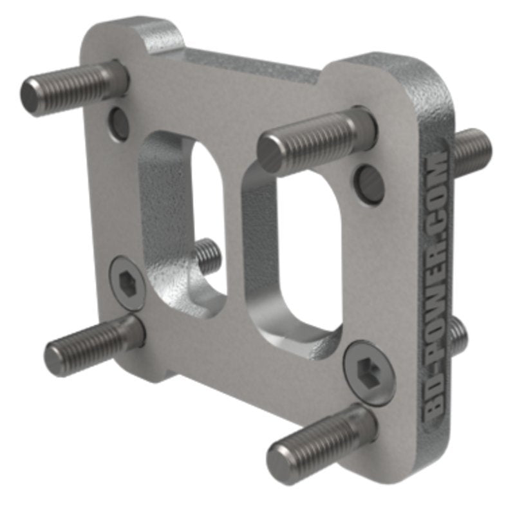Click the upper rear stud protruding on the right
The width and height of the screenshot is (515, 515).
(x=473, y=151)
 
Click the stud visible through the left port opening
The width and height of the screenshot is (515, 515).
(x=207, y=255)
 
